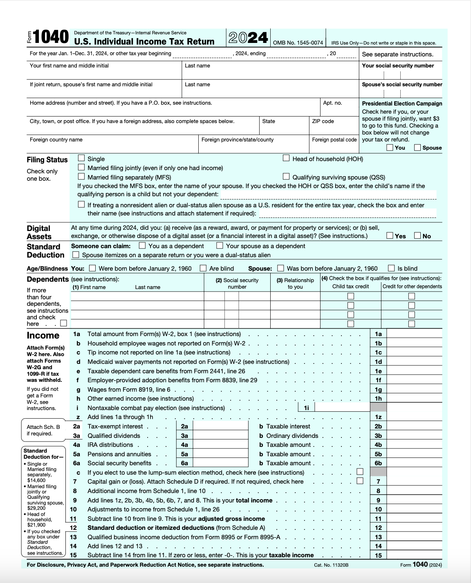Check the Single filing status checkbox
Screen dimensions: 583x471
click(x=81, y=158)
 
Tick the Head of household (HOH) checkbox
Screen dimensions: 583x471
click(x=286, y=158)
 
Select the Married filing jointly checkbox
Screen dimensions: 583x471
click(x=81, y=167)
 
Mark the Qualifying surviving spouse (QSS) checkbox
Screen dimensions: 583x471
click(x=286, y=177)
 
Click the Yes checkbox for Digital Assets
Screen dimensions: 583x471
click(x=390, y=235)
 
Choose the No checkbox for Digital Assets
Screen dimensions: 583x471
click(x=417, y=235)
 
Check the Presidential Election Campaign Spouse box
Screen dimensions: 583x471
click(x=417, y=148)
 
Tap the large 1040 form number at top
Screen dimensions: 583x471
click(x=51, y=37)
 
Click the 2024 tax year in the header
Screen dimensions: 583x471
click(x=248, y=38)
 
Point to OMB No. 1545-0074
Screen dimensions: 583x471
click(x=298, y=43)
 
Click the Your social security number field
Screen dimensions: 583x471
click(x=401, y=75)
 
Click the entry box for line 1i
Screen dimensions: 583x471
click(x=342, y=408)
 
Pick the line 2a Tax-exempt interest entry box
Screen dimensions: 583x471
click(x=220, y=426)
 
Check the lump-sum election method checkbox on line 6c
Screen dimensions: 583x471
click(x=360, y=472)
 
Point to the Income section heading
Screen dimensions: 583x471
click(x=43, y=336)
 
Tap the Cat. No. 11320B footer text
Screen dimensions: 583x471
click(x=331, y=565)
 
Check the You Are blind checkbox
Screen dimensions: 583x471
click(x=203, y=268)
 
